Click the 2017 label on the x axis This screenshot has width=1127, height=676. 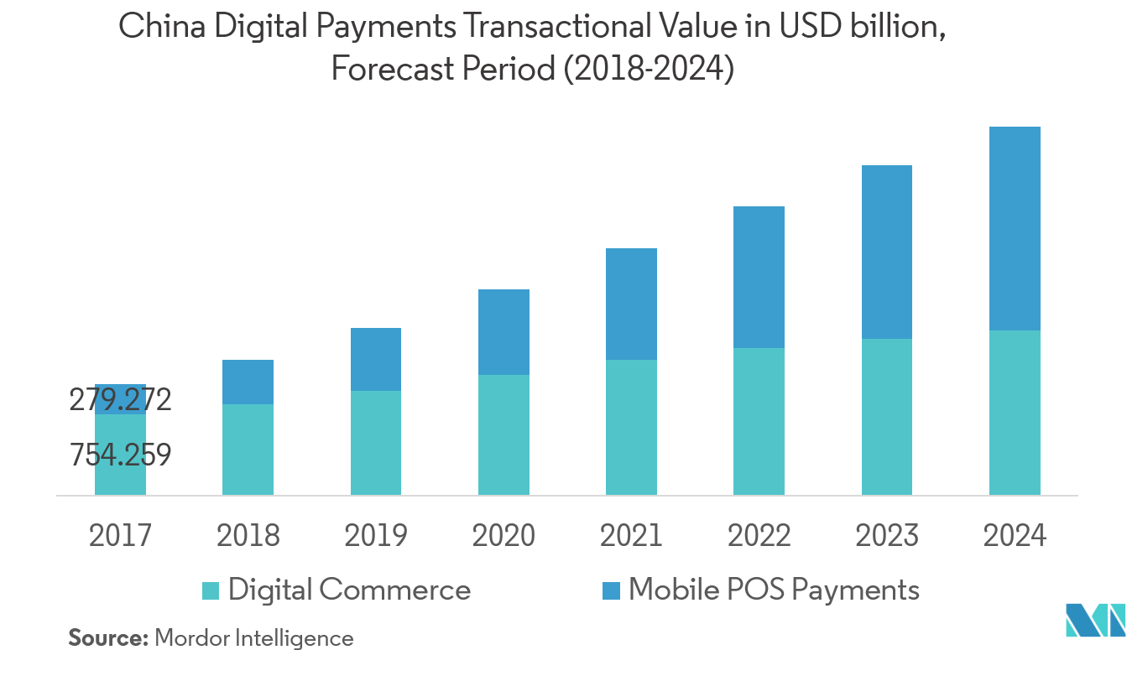(x=120, y=534)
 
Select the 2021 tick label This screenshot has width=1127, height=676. (x=631, y=534)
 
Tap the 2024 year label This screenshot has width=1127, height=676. (x=1015, y=534)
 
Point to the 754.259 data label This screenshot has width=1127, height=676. (x=120, y=455)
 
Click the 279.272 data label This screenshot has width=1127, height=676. (x=120, y=400)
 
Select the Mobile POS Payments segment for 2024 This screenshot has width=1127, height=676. (x=1015, y=228)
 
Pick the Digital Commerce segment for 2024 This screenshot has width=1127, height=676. (x=1015, y=413)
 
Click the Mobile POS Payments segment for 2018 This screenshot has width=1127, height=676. (x=248, y=382)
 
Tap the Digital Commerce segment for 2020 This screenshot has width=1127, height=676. (x=503, y=434)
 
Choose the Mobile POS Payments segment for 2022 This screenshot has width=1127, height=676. (x=759, y=277)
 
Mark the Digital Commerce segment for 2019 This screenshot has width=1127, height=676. (x=375, y=443)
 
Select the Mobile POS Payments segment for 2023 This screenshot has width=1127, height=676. (x=886, y=252)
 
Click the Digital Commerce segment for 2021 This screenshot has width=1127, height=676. (x=631, y=427)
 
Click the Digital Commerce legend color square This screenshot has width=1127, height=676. (x=211, y=590)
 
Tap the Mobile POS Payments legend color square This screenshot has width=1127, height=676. (x=612, y=590)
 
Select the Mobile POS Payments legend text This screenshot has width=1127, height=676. (x=774, y=590)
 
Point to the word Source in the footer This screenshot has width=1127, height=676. (x=107, y=638)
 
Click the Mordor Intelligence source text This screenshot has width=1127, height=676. (x=254, y=638)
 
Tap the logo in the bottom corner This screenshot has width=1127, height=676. (x=1094, y=622)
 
